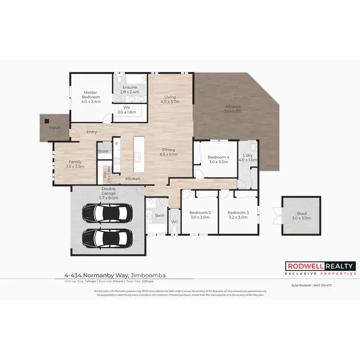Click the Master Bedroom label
90,97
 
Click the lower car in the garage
108,236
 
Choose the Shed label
301,216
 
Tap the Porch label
55,128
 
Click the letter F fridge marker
116,143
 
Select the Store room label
103,151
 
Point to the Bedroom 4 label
218,159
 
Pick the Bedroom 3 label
238,215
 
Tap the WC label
175,222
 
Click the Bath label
160,216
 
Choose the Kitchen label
133,179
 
